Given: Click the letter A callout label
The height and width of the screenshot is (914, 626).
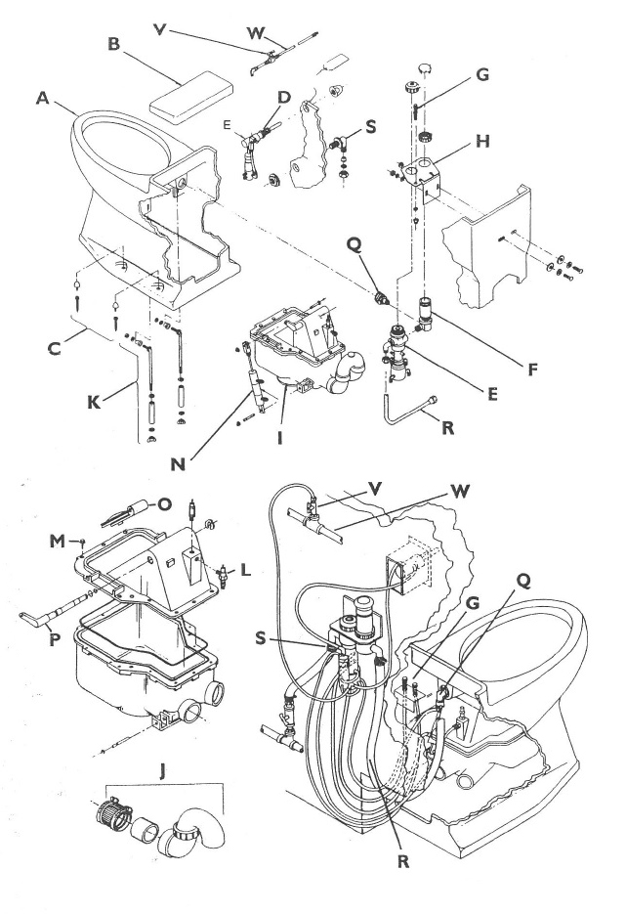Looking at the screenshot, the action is point(43,99).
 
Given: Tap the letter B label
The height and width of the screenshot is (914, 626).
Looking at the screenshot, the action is point(114,44).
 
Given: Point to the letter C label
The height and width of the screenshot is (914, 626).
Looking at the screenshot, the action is point(54,348).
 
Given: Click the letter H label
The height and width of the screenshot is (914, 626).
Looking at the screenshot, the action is point(482,141).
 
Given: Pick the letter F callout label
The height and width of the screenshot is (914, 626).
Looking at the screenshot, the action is point(532,369).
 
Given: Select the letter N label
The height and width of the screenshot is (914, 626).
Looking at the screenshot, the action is point(178,463).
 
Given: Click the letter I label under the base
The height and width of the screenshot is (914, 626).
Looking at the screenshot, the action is point(279,437).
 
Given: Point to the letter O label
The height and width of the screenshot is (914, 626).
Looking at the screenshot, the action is point(165,504).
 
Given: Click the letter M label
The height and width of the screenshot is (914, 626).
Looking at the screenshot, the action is point(57,542).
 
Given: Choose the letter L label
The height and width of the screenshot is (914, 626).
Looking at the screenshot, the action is point(246,570).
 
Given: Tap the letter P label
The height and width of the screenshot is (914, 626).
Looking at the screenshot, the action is point(55,639).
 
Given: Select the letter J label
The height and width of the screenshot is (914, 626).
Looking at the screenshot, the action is point(162,772).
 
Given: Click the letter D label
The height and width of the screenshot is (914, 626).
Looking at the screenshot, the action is point(283,97).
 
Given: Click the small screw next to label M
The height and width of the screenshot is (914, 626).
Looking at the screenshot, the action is point(83,544).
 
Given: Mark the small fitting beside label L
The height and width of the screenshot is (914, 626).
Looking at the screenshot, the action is point(222,574).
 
